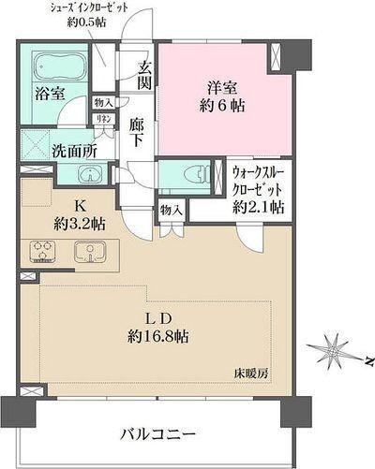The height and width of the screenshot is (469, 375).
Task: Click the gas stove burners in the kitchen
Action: coord(45,251)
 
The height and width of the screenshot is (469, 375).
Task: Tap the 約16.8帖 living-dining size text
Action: coord(155,334)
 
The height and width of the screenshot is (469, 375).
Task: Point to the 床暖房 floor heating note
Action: coord(252,373)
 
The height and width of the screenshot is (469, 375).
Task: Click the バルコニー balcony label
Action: coord(157,435)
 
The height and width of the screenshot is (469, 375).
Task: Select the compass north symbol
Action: coord(334,352)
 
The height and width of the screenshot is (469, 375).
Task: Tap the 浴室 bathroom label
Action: coord(50,95)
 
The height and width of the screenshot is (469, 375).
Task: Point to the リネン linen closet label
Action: coord(105,120)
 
